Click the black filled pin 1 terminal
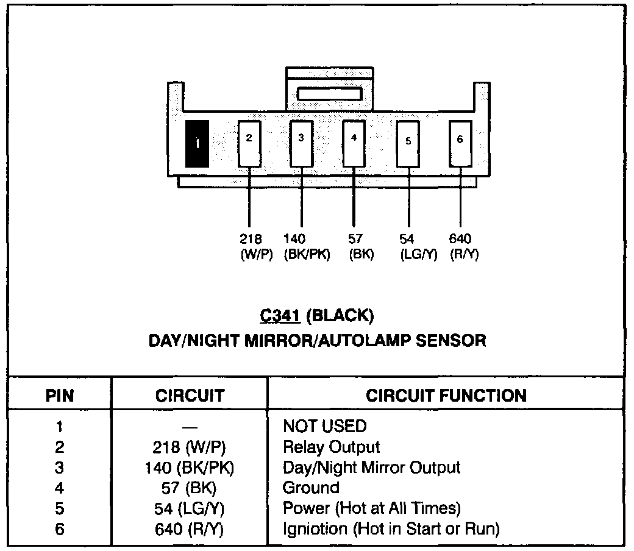pos(197,143)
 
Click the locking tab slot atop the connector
pos(329,94)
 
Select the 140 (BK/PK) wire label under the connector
pos(306,247)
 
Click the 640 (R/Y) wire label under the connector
pos(463,247)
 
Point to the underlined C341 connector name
pos(281,316)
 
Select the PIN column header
pos(60,396)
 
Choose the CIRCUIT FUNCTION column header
pos(446,396)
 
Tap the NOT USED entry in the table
pos(324,426)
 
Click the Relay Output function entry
pos(331,447)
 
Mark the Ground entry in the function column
pos(311,488)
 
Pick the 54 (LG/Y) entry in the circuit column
pos(189,508)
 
